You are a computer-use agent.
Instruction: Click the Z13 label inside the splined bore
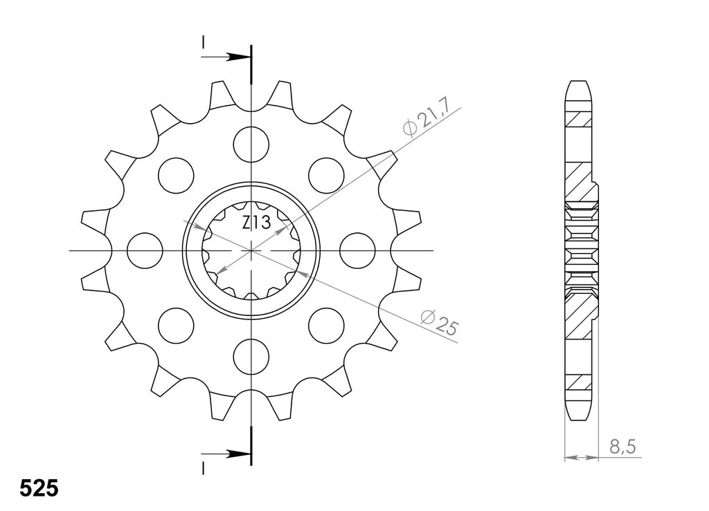(256, 223)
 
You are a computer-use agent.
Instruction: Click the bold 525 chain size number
(39, 488)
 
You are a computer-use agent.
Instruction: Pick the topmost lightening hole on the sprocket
(251, 145)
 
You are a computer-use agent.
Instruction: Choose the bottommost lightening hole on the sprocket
(251, 356)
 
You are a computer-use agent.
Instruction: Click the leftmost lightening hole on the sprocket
(145, 250)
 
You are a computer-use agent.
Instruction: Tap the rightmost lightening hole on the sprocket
(357, 250)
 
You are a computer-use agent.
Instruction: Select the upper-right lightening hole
(326, 175)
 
